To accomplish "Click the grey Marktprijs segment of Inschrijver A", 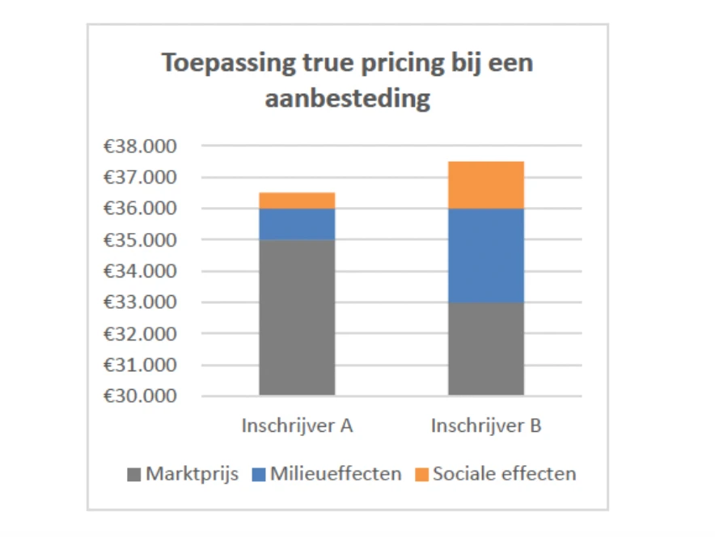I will [x=297, y=317].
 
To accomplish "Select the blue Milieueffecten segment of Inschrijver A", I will [x=297, y=224].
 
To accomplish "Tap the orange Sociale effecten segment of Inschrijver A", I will [x=297, y=201].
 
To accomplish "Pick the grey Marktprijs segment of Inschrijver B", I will [x=486, y=349].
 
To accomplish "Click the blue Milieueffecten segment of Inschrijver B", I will [x=486, y=256].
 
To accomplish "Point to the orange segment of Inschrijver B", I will [x=486, y=185].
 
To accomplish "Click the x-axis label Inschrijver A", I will [x=297, y=425].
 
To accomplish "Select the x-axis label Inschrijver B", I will [x=486, y=425].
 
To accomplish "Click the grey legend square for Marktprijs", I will [x=133, y=474].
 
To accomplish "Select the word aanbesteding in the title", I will [x=347, y=99].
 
